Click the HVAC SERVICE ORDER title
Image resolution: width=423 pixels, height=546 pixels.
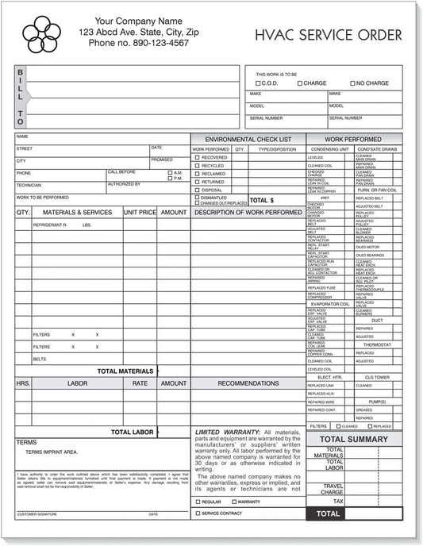pyautogui.click(x=328, y=35)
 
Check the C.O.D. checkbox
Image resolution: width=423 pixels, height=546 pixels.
pyautogui.click(x=258, y=83)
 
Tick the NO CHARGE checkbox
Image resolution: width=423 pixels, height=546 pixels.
pyautogui.click(x=352, y=83)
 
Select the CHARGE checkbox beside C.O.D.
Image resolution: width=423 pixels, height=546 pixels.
pyautogui.click(x=300, y=83)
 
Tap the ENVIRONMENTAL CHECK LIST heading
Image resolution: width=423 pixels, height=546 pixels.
pyautogui.click(x=248, y=139)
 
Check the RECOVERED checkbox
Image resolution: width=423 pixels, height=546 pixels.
pyautogui.click(x=198, y=157)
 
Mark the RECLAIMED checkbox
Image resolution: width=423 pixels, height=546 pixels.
pyautogui.click(x=198, y=174)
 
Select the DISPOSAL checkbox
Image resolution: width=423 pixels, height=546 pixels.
pyautogui.click(x=198, y=190)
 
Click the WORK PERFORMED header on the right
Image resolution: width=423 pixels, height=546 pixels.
pyautogui.click(x=354, y=139)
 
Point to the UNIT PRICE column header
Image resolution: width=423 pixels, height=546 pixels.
pyautogui.click(x=140, y=213)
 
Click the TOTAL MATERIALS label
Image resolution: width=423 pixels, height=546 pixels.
pyautogui.click(x=125, y=371)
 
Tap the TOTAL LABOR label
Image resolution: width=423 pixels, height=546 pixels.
pyautogui.click(x=132, y=433)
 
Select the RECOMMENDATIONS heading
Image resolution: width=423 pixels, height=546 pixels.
pyautogui.click(x=248, y=383)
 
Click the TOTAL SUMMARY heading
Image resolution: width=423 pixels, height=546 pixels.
pyautogui.click(x=354, y=439)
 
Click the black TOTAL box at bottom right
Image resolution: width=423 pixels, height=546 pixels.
pyautogui.click(x=328, y=514)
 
